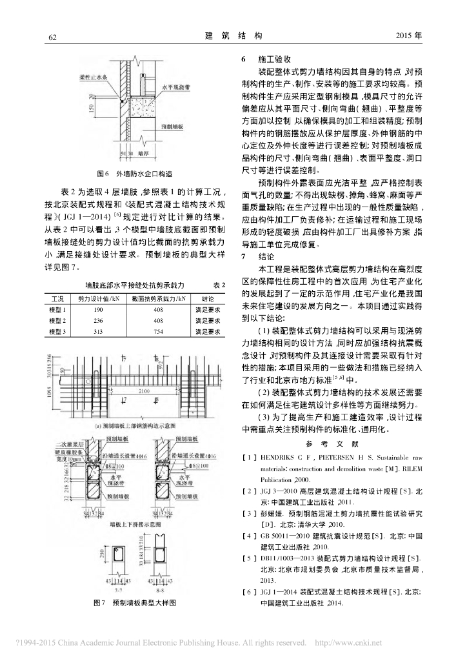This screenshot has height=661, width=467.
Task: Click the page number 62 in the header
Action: click(x=54, y=37)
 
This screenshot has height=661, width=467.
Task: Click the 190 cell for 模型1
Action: click(x=99, y=310)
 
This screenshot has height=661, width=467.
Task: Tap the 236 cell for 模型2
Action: click(x=99, y=321)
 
